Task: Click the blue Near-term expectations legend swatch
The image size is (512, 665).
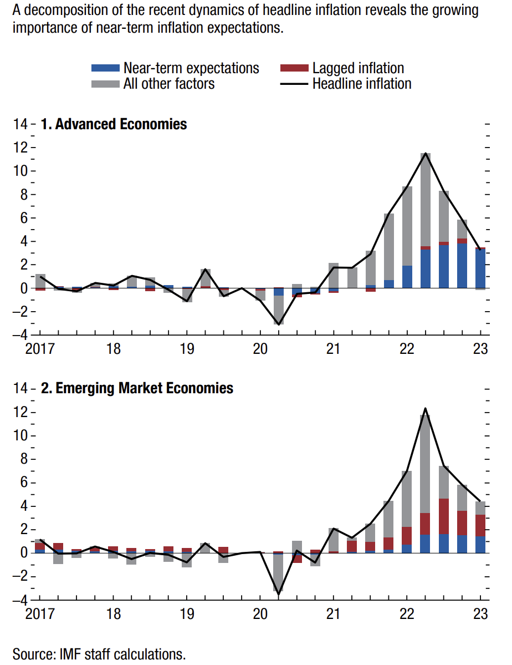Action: tap(105, 68)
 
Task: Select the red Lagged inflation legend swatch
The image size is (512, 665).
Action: tap(294, 68)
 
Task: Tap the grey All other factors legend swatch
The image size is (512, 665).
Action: tap(105, 84)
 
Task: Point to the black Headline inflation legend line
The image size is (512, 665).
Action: tap(294, 84)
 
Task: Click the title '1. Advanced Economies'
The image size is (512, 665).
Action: tap(114, 124)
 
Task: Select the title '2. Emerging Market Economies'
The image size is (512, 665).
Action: tap(137, 388)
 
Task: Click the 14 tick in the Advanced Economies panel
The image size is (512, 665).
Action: tap(20, 124)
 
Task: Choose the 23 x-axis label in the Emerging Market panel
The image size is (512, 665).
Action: tap(480, 614)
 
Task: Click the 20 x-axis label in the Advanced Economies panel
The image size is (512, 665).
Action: tap(260, 349)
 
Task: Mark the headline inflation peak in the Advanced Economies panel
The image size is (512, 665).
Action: tap(426, 153)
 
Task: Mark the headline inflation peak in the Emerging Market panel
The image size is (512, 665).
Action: tap(426, 409)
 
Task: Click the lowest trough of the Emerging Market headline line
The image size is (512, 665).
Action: tap(278, 594)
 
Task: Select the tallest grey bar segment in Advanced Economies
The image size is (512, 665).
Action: tap(426, 200)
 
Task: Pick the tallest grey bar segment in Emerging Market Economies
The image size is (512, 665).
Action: tap(426, 464)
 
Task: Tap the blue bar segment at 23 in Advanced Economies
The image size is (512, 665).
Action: tap(480, 269)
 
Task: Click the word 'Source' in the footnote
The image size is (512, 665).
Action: tap(33, 654)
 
